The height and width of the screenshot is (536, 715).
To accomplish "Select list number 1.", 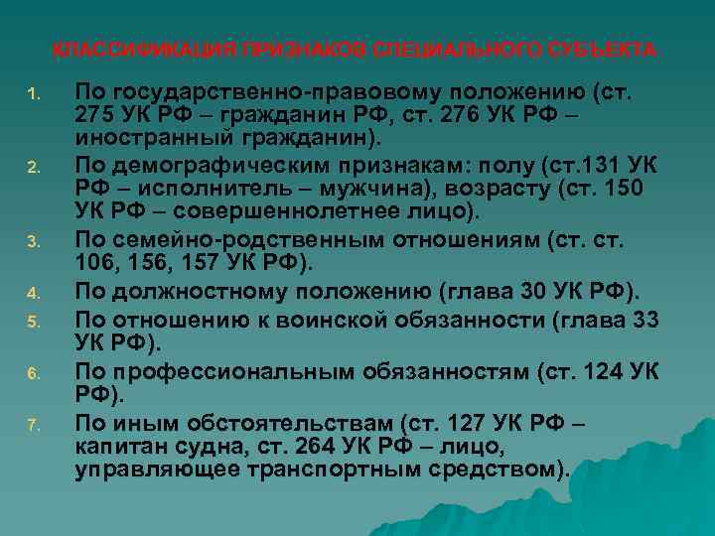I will coord(33,96).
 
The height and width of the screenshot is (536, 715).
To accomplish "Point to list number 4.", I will coord(33,292).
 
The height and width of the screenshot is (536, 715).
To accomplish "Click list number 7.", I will coord(33,427).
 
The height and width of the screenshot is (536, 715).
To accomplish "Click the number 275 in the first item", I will coord(94,115).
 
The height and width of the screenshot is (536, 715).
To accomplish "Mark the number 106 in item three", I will coord(95,261).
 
